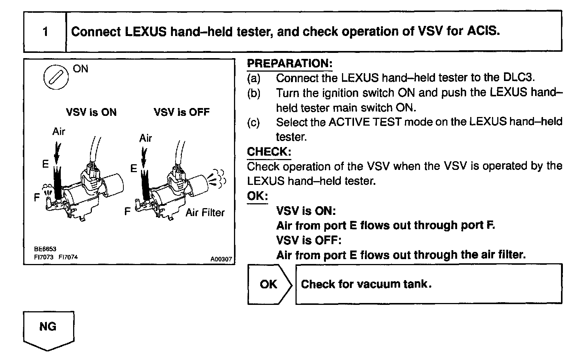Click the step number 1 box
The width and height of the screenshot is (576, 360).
(x=45, y=31)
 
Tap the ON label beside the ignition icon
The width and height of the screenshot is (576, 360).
(x=81, y=69)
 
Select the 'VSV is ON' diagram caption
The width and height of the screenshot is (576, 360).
(x=91, y=112)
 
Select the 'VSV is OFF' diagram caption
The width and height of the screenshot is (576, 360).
(x=181, y=112)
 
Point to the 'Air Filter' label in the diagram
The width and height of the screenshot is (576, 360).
(x=205, y=213)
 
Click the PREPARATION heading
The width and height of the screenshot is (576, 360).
(x=289, y=63)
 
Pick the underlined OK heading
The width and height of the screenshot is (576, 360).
(x=257, y=196)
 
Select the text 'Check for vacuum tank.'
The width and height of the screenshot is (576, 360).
(x=366, y=284)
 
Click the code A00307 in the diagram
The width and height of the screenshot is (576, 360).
(x=221, y=259)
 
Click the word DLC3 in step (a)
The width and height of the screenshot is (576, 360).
(x=517, y=78)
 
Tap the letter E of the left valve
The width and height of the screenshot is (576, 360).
(x=45, y=164)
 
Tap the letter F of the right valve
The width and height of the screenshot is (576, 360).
(x=127, y=212)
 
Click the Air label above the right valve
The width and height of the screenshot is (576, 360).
(x=145, y=138)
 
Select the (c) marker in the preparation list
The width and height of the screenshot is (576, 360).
(x=253, y=122)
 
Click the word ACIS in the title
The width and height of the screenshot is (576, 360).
(x=483, y=31)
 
